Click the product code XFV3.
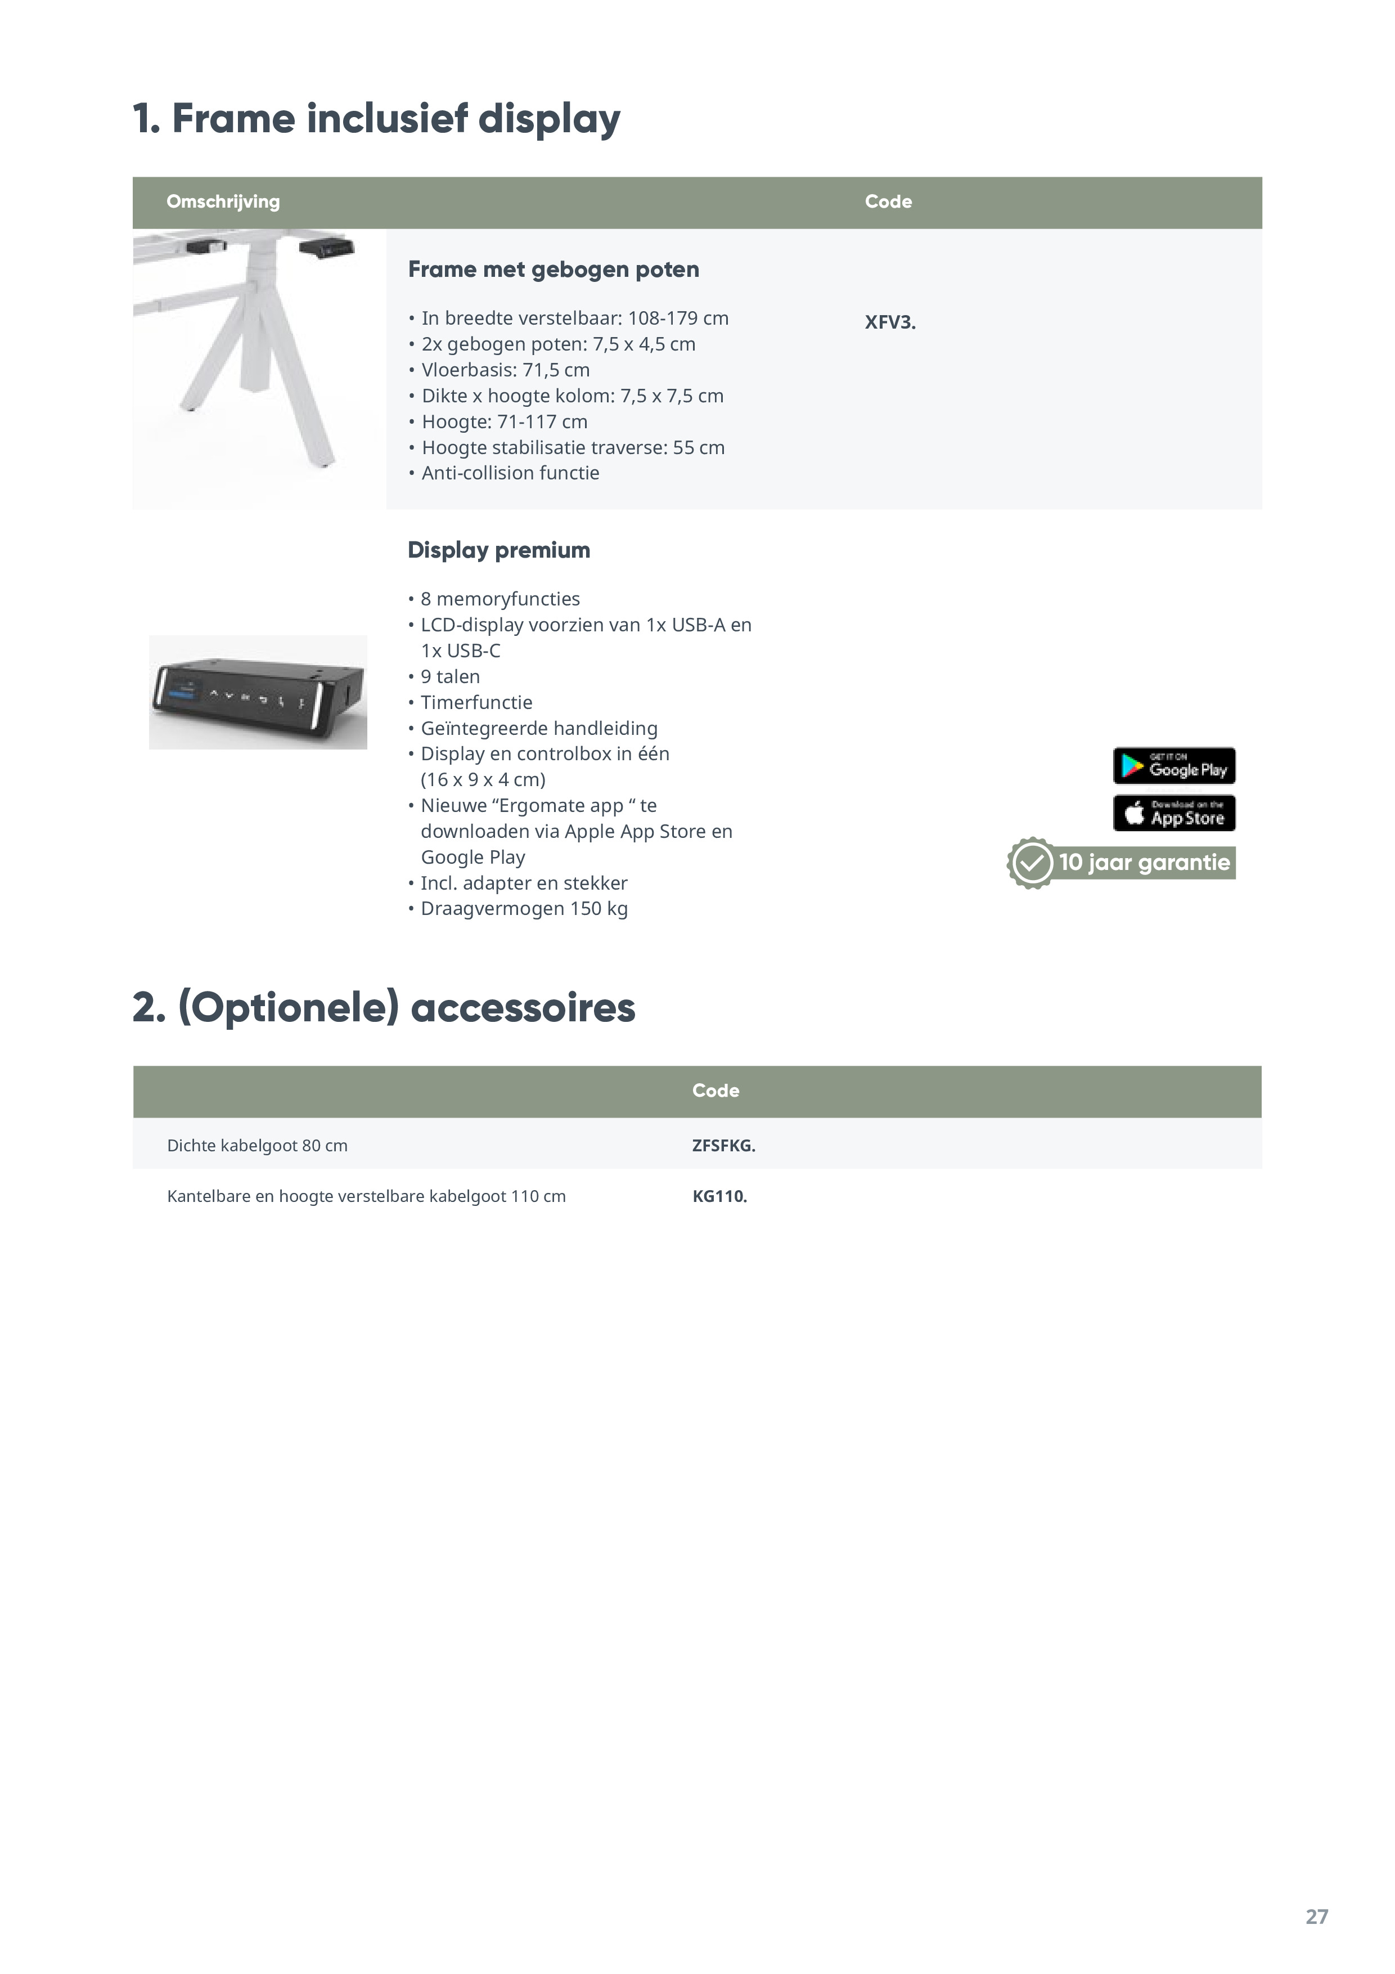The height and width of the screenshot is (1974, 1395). click(890, 322)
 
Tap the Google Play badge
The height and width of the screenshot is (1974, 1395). click(1173, 765)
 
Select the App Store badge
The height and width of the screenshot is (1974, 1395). click(1173, 813)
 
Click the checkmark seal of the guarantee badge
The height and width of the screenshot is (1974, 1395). click(1030, 862)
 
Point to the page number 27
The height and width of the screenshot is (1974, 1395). click(1316, 1917)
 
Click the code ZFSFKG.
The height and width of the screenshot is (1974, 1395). click(723, 1145)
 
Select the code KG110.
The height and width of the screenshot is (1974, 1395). click(719, 1196)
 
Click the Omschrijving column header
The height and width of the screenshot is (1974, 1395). click(223, 201)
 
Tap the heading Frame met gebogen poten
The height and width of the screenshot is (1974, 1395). click(553, 269)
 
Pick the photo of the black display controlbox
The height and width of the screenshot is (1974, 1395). click(258, 692)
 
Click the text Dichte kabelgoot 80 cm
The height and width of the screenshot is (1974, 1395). click(257, 1145)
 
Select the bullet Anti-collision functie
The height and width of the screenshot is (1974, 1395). click(510, 473)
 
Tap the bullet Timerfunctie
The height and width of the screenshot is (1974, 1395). click(476, 702)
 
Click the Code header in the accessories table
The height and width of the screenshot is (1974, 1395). click(715, 1090)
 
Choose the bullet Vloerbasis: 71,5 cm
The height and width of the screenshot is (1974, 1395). click(505, 370)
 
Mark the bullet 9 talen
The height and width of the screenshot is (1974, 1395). click(449, 676)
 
